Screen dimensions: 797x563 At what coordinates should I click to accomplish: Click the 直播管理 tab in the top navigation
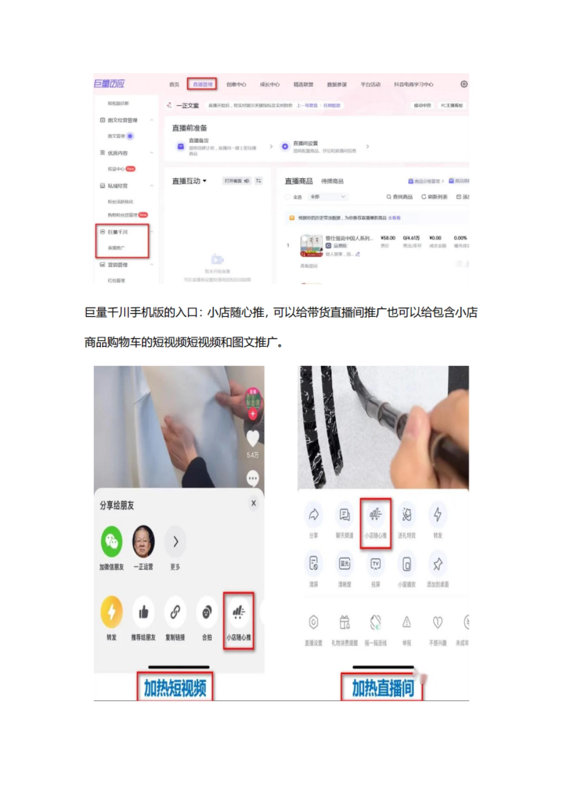pos(202,84)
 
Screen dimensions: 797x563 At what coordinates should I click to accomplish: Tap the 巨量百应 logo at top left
pos(109,84)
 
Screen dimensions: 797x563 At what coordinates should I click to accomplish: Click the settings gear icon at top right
pos(464,84)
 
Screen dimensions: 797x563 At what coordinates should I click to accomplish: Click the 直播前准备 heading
pos(190,128)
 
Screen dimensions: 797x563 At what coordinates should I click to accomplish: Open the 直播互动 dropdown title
pos(189,181)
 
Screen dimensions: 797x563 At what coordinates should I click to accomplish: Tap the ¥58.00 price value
pos(388,238)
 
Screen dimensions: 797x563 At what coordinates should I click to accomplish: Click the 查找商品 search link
pos(400,197)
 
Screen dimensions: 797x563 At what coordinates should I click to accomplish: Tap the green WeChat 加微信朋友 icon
pos(112,542)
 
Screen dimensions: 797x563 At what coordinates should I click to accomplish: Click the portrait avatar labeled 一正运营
pos(143,542)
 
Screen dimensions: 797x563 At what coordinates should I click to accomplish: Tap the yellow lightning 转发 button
pos(112,612)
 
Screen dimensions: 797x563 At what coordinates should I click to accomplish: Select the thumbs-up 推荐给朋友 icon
pos(143,612)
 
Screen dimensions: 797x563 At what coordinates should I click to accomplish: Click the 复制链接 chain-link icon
pos(175,612)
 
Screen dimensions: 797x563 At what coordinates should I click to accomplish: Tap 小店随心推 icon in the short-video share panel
pos(238,612)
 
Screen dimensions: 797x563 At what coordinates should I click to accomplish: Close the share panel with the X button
pos(253,503)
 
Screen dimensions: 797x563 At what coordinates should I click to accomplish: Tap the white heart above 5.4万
pos(252,438)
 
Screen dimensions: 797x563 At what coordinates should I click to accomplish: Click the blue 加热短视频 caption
pos(175,688)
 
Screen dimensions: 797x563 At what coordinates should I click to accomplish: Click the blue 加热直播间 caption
pos(383,688)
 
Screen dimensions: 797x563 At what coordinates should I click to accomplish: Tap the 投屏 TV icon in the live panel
pos(375,564)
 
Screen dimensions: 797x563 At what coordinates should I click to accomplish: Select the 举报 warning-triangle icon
pos(406,622)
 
